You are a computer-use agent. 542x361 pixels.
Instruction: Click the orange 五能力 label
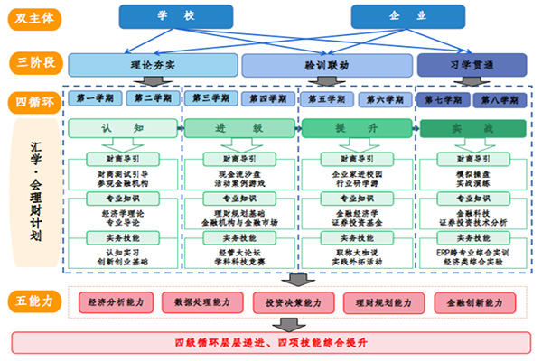click(x=33, y=301)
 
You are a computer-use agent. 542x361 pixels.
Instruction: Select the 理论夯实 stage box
click(x=154, y=65)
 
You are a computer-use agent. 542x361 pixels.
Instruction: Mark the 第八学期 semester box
click(x=497, y=98)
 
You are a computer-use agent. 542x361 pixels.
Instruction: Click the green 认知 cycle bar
click(x=124, y=129)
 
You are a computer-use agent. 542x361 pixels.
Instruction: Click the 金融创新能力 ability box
click(x=470, y=301)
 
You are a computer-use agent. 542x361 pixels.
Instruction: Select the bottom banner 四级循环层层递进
click(x=270, y=343)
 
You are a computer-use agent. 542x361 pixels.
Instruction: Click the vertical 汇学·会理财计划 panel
click(x=33, y=194)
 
